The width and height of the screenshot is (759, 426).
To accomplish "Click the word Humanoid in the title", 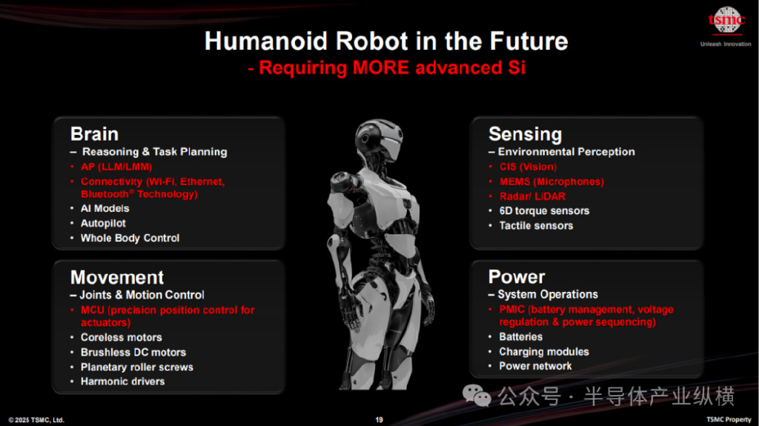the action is point(266,41).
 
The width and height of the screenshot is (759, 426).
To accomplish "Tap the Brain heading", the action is point(94,134).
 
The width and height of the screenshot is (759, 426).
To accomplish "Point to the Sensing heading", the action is point(526,134).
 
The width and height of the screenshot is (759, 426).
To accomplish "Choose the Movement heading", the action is point(117,277).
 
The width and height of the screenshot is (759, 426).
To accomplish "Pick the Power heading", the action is point(517,277).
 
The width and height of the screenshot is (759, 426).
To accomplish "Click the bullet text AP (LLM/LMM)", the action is point(116,167).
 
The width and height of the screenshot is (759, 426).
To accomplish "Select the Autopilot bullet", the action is point(103,223).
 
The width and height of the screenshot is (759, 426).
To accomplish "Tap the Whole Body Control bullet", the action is point(130,238).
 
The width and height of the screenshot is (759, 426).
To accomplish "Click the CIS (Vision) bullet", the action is point(528,167).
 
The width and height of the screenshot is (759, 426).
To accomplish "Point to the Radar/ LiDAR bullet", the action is point(532,196).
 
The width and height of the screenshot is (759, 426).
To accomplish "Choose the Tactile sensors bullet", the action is point(536,225).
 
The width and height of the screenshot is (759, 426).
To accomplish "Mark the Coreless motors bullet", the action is point(121,337).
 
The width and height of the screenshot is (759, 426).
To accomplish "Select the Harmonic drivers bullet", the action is point(122,382).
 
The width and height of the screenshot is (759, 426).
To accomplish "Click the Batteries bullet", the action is point(521,337).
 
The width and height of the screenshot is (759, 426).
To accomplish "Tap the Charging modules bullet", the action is point(544,352).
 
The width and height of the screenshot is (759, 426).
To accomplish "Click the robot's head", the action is point(379,139).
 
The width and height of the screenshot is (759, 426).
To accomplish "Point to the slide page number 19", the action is point(379,420).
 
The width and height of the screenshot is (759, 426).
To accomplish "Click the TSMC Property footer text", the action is point(729,420).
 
